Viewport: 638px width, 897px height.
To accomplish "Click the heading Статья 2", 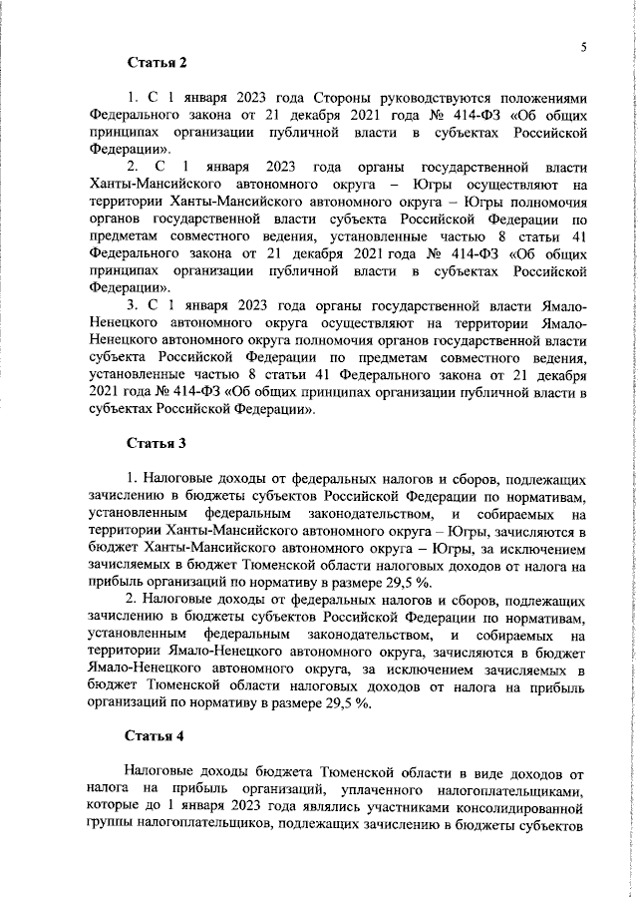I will point(157,64).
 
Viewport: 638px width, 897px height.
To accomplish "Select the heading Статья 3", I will point(157,441).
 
